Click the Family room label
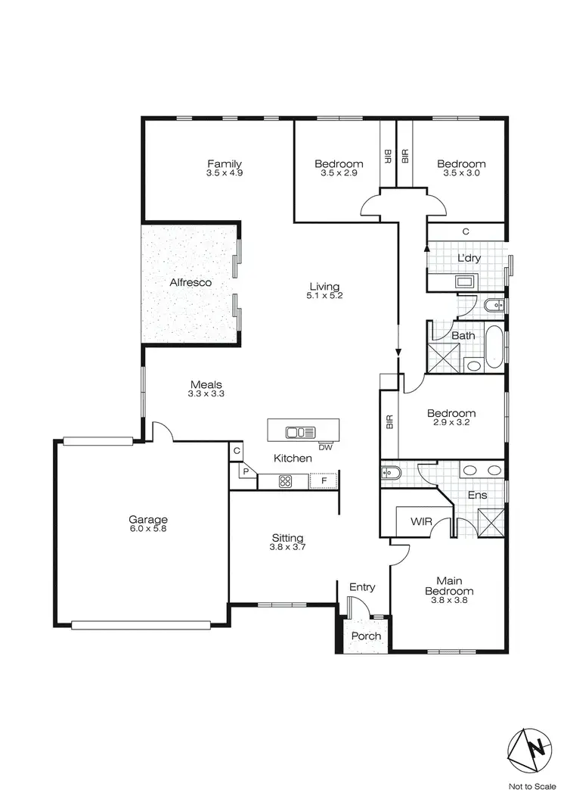[x=224, y=163]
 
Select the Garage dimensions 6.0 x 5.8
[x=147, y=529]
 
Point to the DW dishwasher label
[x=326, y=447]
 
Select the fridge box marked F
[x=324, y=480]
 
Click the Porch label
[x=365, y=636]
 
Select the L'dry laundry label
[x=469, y=258]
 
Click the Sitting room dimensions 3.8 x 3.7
[x=287, y=547]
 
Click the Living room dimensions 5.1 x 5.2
[x=326, y=295]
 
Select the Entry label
[x=362, y=587]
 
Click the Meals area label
[x=206, y=385]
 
